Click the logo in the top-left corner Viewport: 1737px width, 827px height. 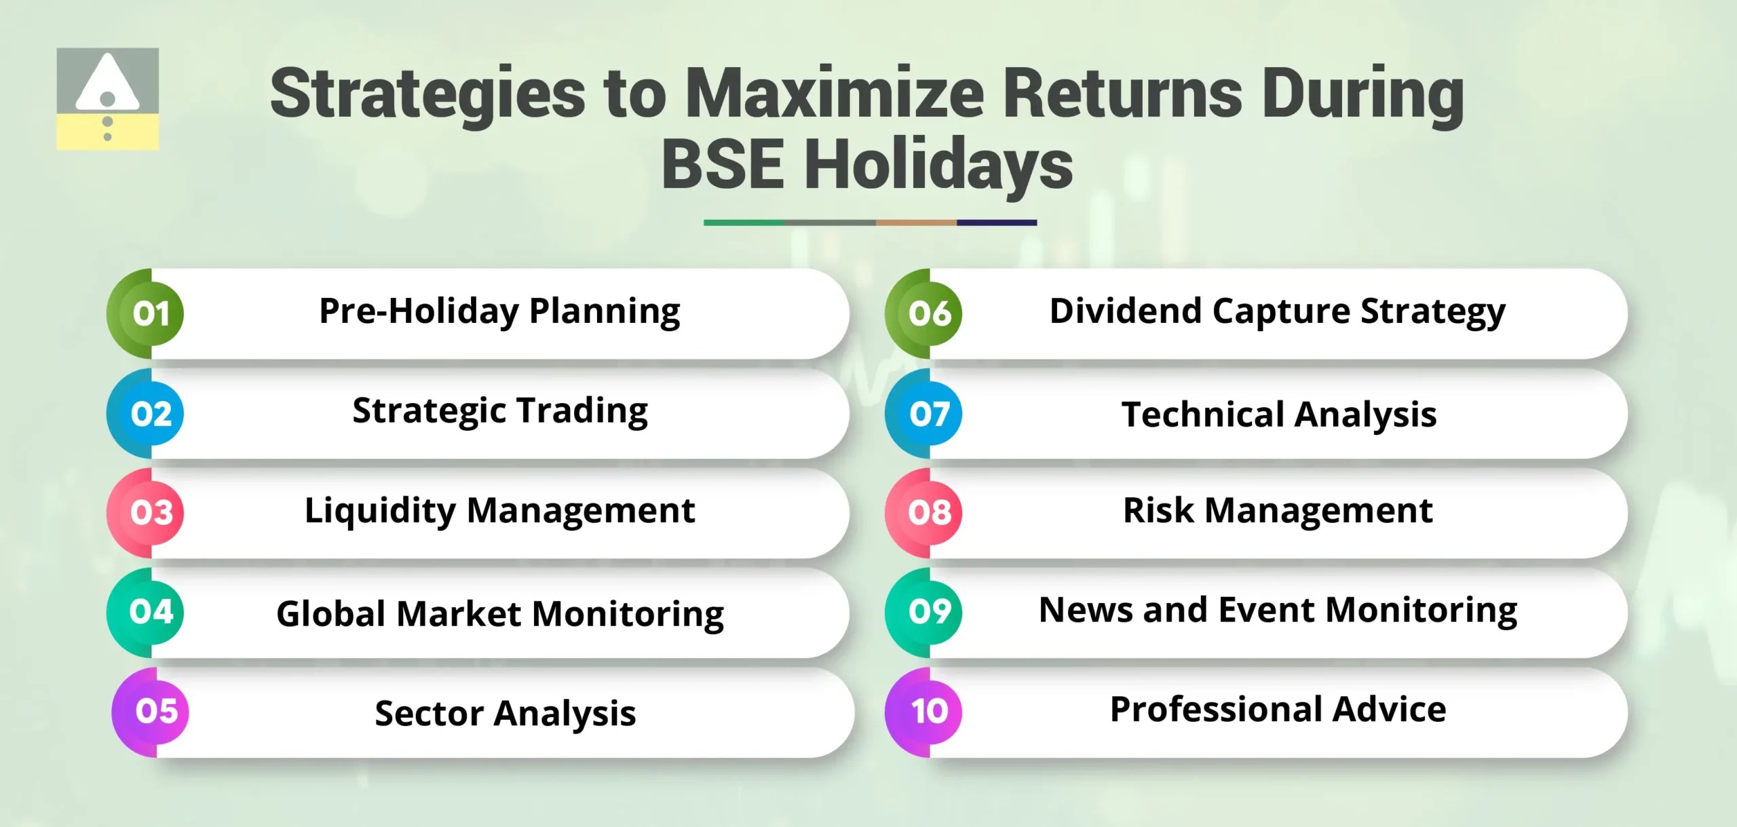(x=107, y=98)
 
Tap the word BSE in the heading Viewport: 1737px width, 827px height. (x=722, y=165)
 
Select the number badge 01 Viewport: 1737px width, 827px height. (x=151, y=313)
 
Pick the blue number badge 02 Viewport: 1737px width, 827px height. (x=151, y=413)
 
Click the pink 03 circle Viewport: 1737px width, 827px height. (x=151, y=512)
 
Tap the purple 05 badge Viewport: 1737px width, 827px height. (x=156, y=711)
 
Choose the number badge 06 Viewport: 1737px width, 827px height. (x=929, y=313)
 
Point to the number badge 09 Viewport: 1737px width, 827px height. (x=929, y=612)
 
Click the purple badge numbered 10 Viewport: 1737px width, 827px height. (x=929, y=711)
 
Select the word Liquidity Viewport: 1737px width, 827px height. (x=379, y=511)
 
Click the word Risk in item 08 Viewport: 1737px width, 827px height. (x=1158, y=510)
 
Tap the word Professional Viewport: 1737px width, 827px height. (x=1215, y=710)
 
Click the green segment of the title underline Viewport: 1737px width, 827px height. (x=744, y=223)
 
